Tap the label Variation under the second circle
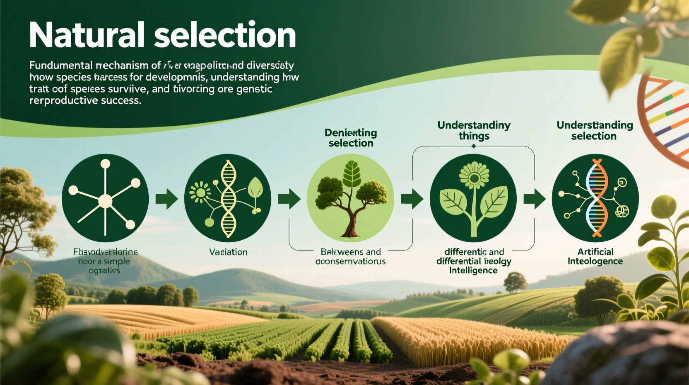pos(228,252)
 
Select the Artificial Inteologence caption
pos(595,256)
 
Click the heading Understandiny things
pos(474,130)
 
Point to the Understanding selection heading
pos(594,130)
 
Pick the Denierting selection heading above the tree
pos(351,138)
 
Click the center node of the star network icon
pos(105,201)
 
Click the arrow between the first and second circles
pos(166,199)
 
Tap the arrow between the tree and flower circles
pos(412,199)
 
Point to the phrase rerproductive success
pos(85,100)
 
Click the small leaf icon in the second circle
pos(255,188)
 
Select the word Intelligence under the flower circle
pos(473,270)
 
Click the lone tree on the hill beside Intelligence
pos(515,282)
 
